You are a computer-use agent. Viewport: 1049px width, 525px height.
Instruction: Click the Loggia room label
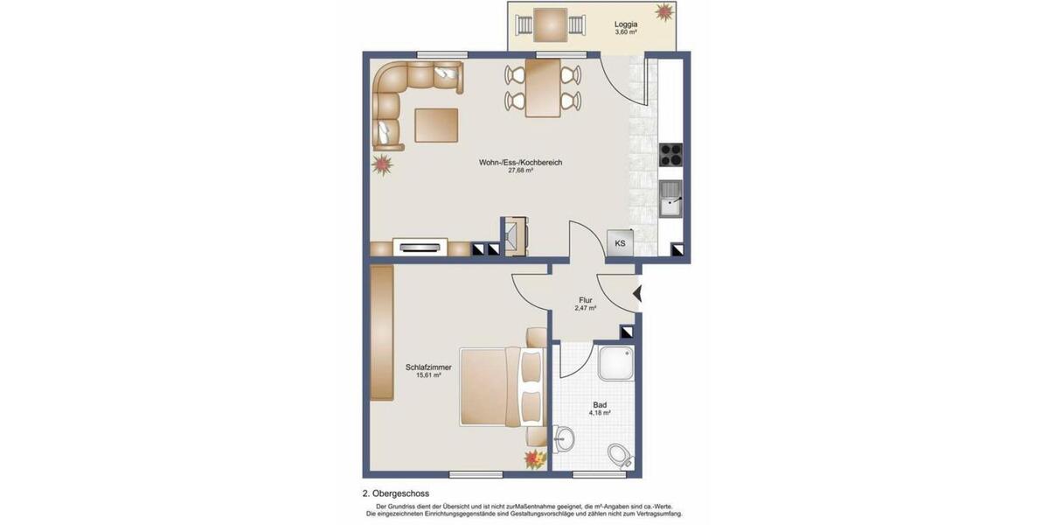[625, 24]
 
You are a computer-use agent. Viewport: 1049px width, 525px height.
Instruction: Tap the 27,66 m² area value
[521, 171]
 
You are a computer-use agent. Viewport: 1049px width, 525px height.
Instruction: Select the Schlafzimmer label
[428, 367]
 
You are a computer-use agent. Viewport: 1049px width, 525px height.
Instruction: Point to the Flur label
[586, 300]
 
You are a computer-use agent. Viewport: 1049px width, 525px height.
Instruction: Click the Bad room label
[600, 405]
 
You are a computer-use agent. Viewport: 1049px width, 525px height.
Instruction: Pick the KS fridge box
[620, 243]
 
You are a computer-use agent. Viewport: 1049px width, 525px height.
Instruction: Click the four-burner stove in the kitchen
[670, 154]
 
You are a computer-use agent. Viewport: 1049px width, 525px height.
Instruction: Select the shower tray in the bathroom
[615, 363]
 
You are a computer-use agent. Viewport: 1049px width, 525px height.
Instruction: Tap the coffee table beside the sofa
[436, 124]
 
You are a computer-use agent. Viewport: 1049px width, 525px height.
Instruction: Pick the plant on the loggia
[667, 13]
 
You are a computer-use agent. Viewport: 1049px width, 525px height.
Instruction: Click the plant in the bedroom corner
[532, 458]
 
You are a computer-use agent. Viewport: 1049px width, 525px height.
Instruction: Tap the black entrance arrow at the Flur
[637, 294]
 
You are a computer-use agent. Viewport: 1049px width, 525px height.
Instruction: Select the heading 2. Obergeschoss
[396, 493]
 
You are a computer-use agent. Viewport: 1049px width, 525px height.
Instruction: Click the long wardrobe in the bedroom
[381, 333]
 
